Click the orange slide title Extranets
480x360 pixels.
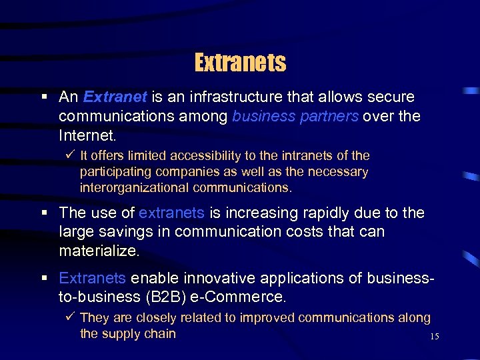pyautogui.click(x=240, y=63)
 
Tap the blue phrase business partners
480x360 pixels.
pyautogui.click(x=295, y=117)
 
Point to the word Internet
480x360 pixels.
pyautogui.click(x=87, y=136)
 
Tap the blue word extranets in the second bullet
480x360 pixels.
pyautogui.click(x=171, y=213)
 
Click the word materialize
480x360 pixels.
pyautogui.click(x=99, y=252)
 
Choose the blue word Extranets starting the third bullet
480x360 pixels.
pyautogui.click(x=92, y=277)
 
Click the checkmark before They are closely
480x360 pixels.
pyautogui.click(x=71, y=318)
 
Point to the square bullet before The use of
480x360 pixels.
pyautogui.click(x=44, y=213)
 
